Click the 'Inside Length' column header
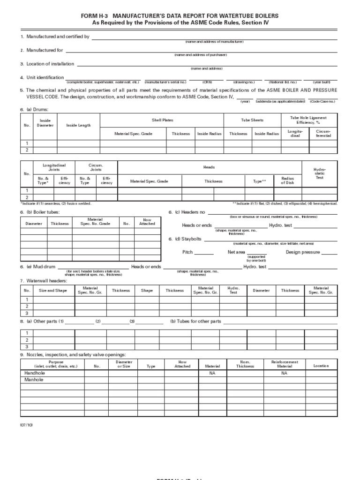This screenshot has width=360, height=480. [x=78, y=125]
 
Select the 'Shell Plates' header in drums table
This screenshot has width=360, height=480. [x=162, y=120]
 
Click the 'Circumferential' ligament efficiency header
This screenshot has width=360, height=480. [x=323, y=134]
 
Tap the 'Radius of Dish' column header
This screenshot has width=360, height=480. [x=287, y=180]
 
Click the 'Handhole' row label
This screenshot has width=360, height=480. [x=33, y=373]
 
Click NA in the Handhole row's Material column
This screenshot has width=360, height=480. [x=212, y=373]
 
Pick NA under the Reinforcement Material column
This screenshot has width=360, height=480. [x=284, y=373]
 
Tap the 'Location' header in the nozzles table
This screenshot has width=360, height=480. [x=321, y=366]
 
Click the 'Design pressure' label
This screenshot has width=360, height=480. [x=303, y=252]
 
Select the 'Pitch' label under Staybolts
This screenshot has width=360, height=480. [x=187, y=252]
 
